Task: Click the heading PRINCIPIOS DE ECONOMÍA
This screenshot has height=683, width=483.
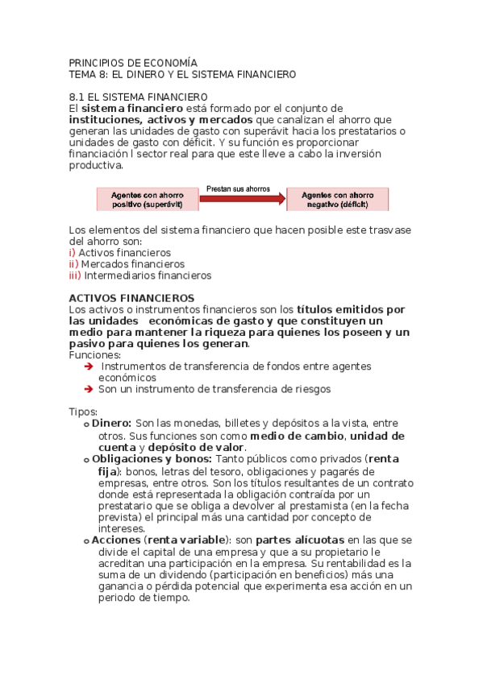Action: pos(132,62)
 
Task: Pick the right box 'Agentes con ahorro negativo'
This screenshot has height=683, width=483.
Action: pos(337,199)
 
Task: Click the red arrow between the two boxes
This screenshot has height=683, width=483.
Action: pos(243,199)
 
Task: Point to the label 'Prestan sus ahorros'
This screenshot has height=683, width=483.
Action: pos(239,188)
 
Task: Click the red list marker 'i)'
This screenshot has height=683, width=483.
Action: pos(73,252)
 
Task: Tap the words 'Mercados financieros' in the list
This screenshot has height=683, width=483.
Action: pos(132,263)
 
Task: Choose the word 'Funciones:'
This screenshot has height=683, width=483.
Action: pos(95,354)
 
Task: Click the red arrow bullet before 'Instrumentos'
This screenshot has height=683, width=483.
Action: pos(89,366)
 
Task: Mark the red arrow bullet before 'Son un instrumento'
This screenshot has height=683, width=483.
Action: pos(89,389)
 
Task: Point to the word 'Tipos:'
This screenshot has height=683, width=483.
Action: pos(83,412)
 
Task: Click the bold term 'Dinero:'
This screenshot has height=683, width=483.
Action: pos(111,423)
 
